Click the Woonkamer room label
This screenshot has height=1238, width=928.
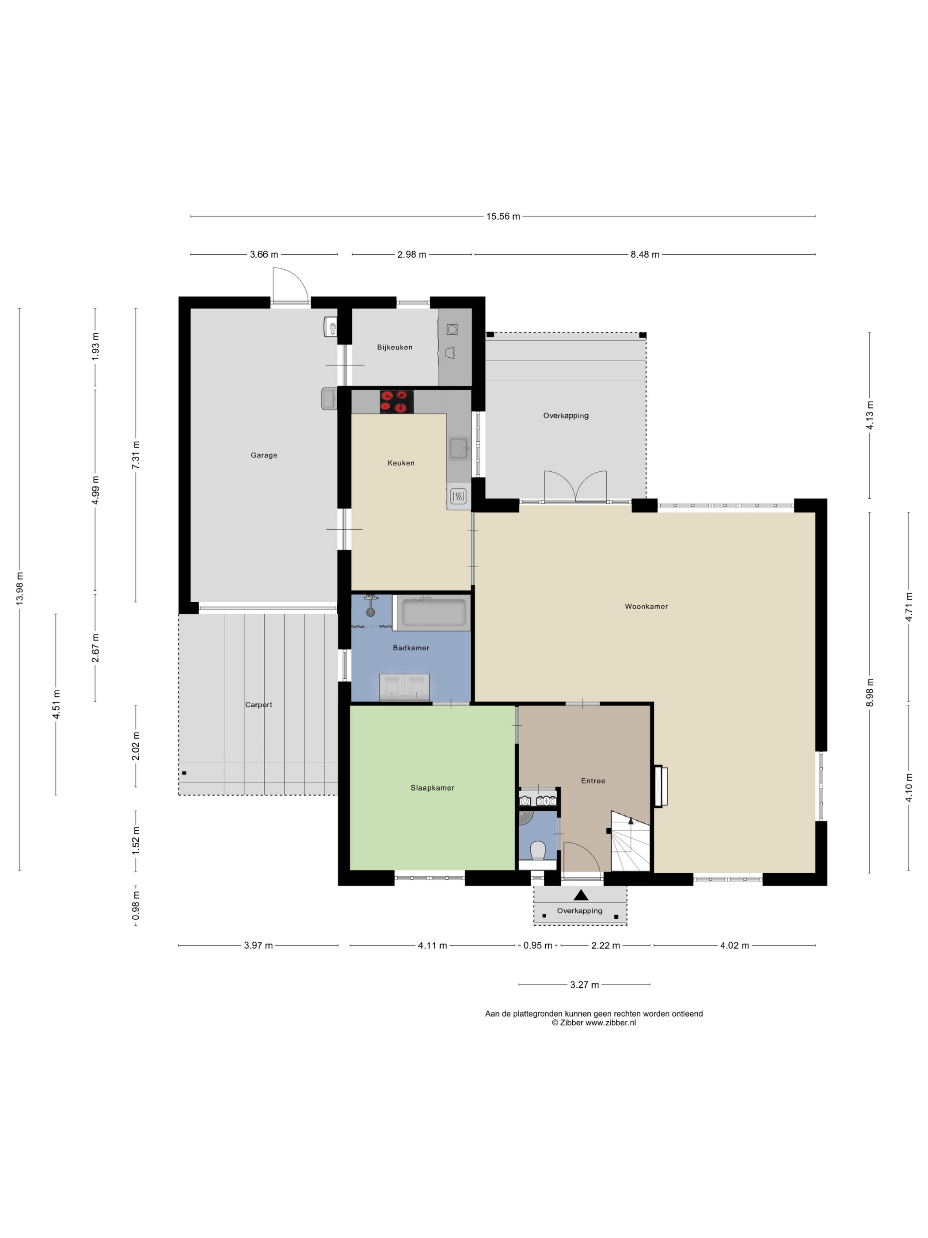(646, 606)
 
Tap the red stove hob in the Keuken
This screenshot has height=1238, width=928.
(396, 402)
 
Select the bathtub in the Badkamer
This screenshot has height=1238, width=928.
(434, 613)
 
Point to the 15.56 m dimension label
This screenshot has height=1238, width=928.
(503, 217)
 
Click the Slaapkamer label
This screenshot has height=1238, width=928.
(432, 787)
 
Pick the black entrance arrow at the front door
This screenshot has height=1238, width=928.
(581, 895)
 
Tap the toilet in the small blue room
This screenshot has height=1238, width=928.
(537, 851)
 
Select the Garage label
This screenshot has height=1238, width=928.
(264, 455)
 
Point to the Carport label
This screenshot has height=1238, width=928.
(259, 705)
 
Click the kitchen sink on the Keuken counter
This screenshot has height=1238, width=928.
(459, 448)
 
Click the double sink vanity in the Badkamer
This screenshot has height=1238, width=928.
(404, 687)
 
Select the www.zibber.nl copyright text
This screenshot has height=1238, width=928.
(593, 1023)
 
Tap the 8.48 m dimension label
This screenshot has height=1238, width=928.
(645, 255)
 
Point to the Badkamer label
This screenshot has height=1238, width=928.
(411, 648)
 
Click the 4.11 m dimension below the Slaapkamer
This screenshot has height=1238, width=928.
(432, 945)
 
